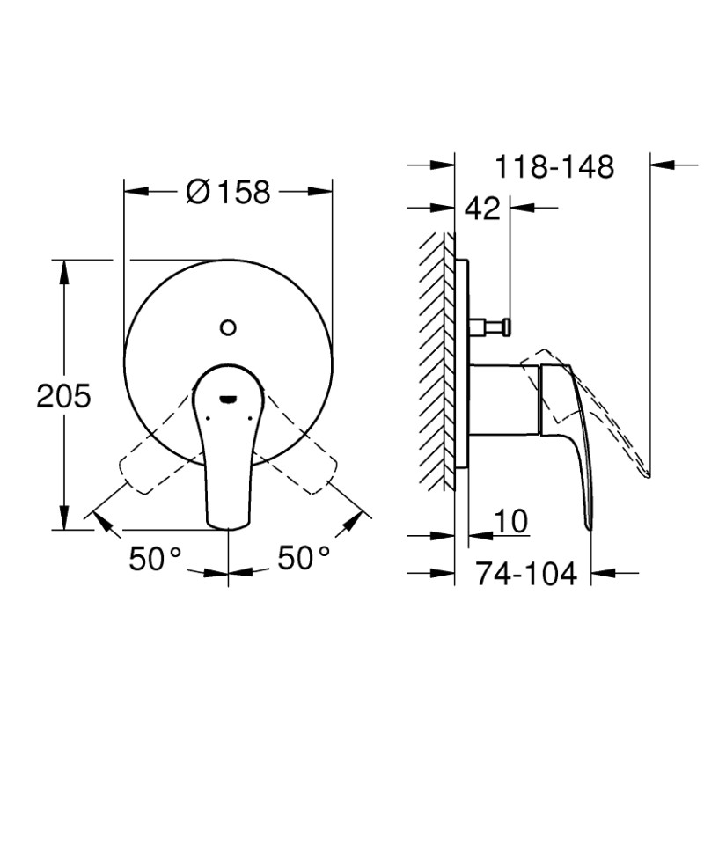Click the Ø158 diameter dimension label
[229, 190]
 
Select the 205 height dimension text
[63, 397]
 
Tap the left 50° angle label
[155, 558]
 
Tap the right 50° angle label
[304, 558]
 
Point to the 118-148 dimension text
[554, 166]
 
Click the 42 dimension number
[481, 209]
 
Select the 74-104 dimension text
[526, 574]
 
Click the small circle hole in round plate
[228, 328]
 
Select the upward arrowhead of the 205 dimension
[63, 268]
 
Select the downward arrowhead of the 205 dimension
[63, 521]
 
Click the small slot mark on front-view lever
[228, 398]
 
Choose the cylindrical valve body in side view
[503, 399]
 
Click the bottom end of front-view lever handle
[228, 526]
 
